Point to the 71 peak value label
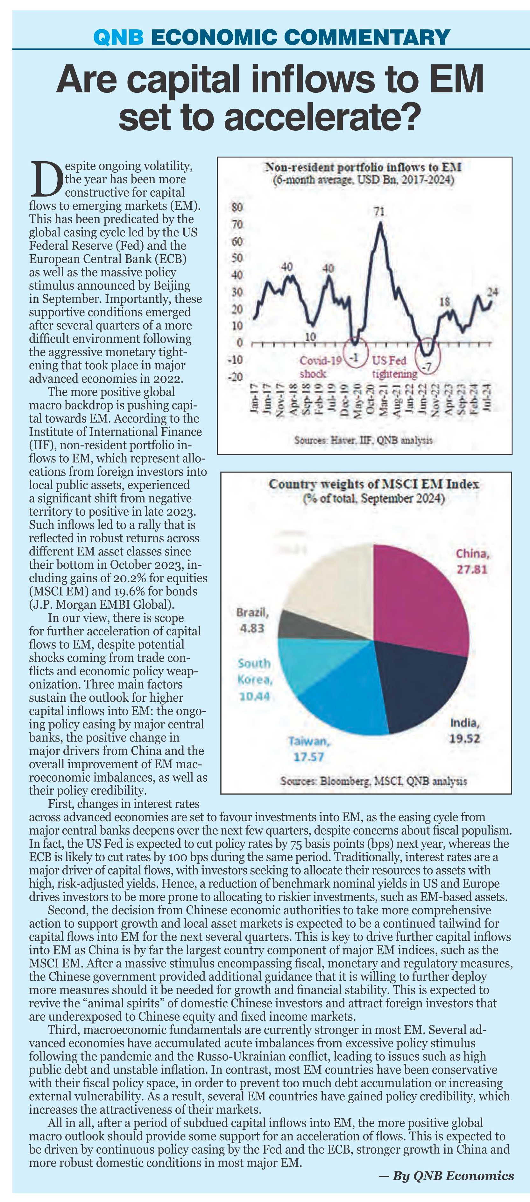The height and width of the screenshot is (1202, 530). pyautogui.click(x=380, y=212)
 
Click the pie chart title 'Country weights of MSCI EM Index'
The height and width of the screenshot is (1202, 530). pyautogui.click(x=373, y=484)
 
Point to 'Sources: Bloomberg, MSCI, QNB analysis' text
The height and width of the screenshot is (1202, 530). pyautogui.click(x=373, y=781)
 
